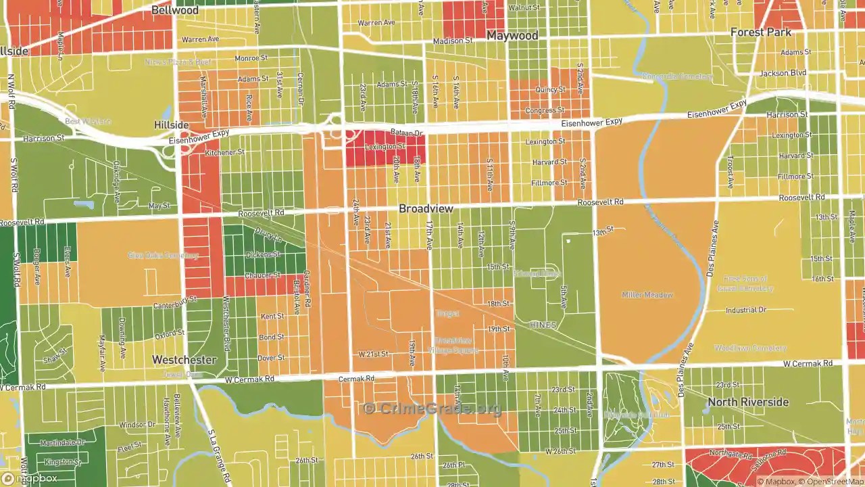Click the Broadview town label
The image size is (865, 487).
(x=426, y=209)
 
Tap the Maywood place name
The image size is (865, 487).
(x=512, y=35)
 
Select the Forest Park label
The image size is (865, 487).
(x=760, y=32)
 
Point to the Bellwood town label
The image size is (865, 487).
(x=175, y=10)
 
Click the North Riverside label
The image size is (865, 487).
(x=748, y=402)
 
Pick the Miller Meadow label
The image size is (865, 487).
(x=647, y=295)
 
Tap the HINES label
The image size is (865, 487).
(x=543, y=325)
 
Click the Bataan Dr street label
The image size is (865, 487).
(x=406, y=133)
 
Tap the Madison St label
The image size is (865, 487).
(x=453, y=41)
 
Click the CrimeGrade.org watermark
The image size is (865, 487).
(x=432, y=409)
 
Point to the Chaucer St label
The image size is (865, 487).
(x=263, y=275)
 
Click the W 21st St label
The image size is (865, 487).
(x=373, y=354)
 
